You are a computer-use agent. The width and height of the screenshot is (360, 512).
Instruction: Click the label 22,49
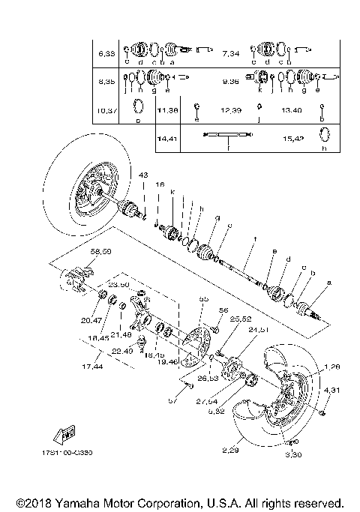[124, 351]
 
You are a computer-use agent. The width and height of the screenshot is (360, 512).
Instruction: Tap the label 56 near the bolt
[223, 310]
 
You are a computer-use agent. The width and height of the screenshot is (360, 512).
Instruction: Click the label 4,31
[331, 390]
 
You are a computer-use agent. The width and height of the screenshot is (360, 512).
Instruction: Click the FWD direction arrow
[64, 433]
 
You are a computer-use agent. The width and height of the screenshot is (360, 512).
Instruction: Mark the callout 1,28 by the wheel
[331, 367]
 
